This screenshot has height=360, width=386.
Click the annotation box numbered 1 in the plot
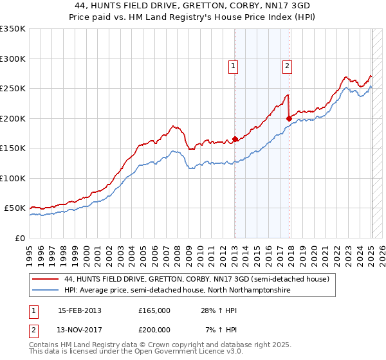[232, 65]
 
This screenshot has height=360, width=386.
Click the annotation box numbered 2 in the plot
[286, 65]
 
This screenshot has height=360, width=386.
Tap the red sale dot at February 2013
[235, 139]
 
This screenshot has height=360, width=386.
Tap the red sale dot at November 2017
[289, 118]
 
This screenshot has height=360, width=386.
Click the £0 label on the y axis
[20, 238]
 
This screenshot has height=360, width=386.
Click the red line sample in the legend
[46, 279]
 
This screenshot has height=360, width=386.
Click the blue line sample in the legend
[46, 291]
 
